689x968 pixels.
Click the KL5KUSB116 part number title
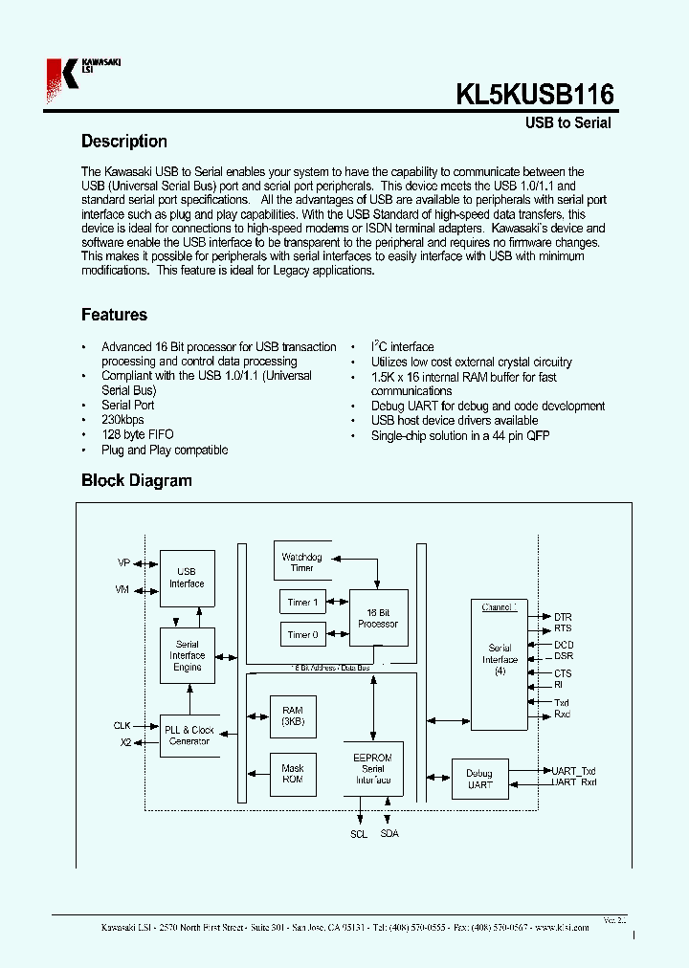(x=534, y=95)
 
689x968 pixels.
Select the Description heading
(x=124, y=142)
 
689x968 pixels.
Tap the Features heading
(x=114, y=315)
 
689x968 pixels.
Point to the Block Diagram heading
(x=136, y=481)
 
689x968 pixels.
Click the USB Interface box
(x=187, y=578)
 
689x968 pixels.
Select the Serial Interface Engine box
(x=187, y=655)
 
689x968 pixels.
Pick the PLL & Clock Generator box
(x=188, y=736)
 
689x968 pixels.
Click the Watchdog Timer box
(x=301, y=562)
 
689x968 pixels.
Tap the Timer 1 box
(x=301, y=603)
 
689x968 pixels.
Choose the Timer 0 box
(x=301, y=634)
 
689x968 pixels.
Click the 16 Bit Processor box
(x=378, y=618)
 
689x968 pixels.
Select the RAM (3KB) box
(x=292, y=716)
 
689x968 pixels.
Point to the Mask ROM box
(x=292, y=773)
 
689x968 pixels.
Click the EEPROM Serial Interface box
(x=372, y=768)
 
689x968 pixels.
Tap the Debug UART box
(x=479, y=779)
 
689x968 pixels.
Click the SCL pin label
(x=358, y=835)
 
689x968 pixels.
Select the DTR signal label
(x=563, y=617)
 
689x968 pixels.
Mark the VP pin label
(x=122, y=563)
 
